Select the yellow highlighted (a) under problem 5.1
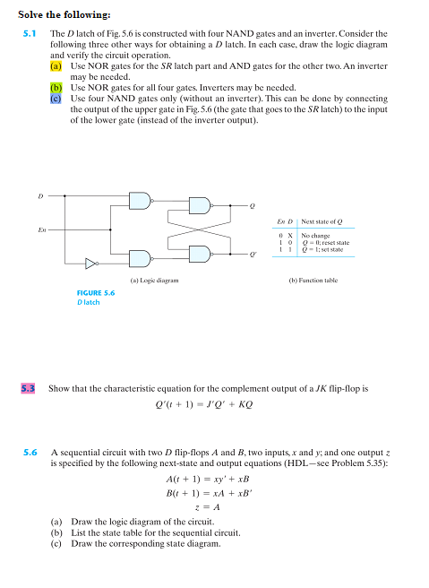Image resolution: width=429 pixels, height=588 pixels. [x=56, y=66]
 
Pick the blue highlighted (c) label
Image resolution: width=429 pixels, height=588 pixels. [x=56, y=99]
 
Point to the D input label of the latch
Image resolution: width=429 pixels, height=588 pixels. [x=39, y=195]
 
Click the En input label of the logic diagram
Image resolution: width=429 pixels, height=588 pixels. [x=40, y=230]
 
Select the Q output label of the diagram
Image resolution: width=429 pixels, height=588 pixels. [x=253, y=207]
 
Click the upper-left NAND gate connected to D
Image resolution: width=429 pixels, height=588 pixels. [x=142, y=202]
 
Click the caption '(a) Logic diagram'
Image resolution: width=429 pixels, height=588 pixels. [x=154, y=281]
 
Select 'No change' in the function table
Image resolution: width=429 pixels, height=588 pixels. [x=315, y=235]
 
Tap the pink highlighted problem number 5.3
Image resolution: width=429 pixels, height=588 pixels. [x=29, y=388]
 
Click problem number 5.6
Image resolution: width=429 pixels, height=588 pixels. [x=29, y=454]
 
